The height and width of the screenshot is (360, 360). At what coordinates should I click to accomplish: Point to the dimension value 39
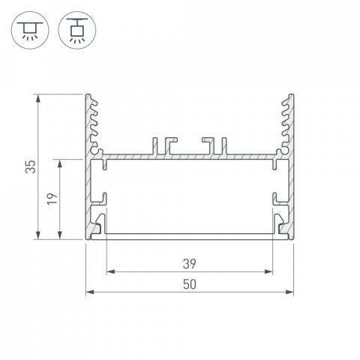[x=188, y=262]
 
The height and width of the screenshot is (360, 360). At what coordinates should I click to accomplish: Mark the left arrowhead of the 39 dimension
[x=109, y=271]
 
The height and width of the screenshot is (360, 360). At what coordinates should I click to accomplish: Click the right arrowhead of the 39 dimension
[x=268, y=271]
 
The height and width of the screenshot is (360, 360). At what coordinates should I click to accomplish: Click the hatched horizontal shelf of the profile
[x=188, y=158]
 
